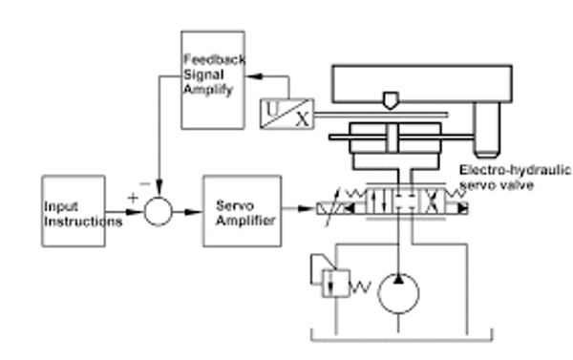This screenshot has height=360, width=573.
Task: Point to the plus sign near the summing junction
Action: pyautogui.click(x=133, y=198)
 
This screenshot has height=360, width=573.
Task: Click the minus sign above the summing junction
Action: pyautogui.click(x=145, y=184)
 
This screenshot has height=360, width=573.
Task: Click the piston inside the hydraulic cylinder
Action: pyautogui.click(x=392, y=138)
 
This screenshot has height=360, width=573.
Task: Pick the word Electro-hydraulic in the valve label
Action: pyautogui.click(x=515, y=171)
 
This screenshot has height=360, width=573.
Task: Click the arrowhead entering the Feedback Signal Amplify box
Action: pyautogui.click(x=254, y=76)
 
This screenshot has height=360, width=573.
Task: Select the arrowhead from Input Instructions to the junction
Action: pyautogui.click(x=134, y=212)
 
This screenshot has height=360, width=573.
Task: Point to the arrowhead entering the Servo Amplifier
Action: pyautogui.click(x=193, y=212)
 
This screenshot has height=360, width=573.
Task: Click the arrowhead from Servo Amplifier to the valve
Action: pyautogui.click(x=307, y=209)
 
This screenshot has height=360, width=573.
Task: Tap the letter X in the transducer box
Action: pyautogui.click(x=303, y=119)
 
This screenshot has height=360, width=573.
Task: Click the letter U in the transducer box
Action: pyautogui.click(x=272, y=109)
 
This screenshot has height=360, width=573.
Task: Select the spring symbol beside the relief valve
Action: pyautogui.click(x=361, y=287)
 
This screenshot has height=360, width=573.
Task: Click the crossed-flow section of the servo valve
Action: pyautogui.click(x=432, y=201)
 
